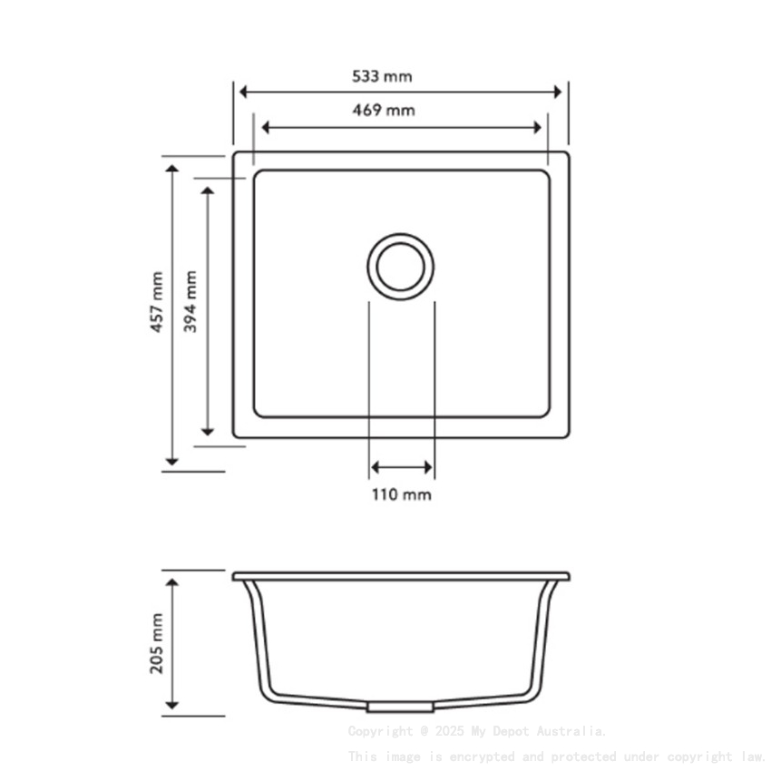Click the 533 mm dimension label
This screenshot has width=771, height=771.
[382, 76]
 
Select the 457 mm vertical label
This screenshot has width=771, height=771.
[157, 302]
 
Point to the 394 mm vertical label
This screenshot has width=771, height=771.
[190, 302]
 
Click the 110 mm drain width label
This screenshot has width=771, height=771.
[401, 495]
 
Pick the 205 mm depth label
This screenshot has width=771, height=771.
[157, 642]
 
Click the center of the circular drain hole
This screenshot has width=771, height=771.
[400, 265]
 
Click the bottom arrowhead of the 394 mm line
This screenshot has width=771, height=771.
[208, 430]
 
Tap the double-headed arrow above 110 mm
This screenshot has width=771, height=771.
[401, 468]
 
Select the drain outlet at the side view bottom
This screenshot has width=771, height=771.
[400, 706]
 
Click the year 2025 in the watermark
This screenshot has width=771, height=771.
[450, 731]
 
